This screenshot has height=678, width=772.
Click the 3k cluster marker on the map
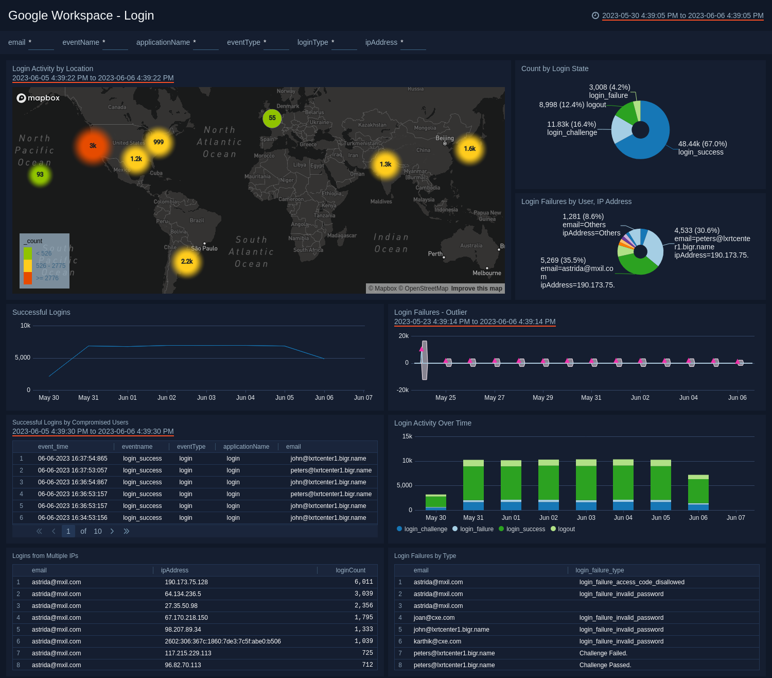(93, 146)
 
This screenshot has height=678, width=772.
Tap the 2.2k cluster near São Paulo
(187, 262)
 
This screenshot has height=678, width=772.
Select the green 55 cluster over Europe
(272, 118)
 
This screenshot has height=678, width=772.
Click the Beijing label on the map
(445, 138)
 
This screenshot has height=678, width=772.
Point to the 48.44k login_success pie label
(702, 148)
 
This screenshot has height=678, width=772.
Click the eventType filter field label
(243, 42)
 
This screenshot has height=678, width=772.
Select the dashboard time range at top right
(682, 15)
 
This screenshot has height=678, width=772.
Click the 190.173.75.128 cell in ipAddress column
(186, 582)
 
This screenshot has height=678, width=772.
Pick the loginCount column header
(350, 570)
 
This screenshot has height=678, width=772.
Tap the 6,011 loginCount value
(363, 582)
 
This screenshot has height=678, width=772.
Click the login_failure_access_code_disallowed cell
(631, 582)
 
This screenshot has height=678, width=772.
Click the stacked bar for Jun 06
(698, 493)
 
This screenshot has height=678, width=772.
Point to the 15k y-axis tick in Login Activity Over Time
(407, 436)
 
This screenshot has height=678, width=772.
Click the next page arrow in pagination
(112, 531)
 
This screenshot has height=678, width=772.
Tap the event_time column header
(53, 447)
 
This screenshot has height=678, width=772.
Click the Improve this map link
(476, 289)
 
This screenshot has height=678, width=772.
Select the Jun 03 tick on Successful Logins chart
(206, 398)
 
